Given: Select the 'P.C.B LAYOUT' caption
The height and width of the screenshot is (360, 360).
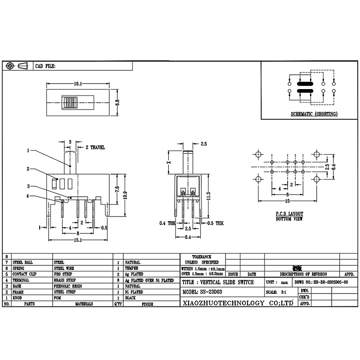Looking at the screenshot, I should point(289,214).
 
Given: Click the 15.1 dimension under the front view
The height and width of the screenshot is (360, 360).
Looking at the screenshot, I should point(77,240).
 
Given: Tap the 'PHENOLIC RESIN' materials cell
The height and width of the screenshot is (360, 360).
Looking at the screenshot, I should point(68,286).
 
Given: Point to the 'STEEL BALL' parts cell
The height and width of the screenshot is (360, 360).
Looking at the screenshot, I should point(23,262).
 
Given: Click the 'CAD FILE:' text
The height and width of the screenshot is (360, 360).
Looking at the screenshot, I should point(45,66).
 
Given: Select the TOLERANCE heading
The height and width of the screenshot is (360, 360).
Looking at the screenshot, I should point(201,256).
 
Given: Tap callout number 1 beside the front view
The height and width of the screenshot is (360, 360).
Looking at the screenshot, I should point(28,151).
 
